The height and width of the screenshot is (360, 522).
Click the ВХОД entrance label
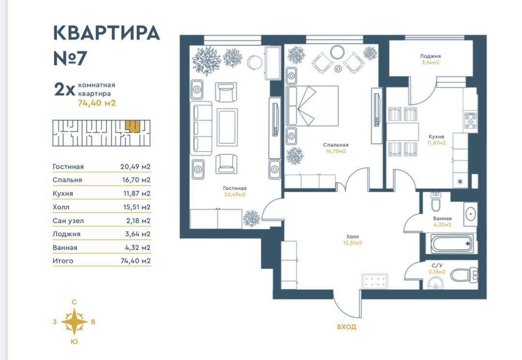(346, 327)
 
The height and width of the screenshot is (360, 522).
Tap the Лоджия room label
(430, 56)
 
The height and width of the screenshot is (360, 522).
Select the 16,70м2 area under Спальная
(335, 151)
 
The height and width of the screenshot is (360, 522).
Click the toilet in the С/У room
(464, 275)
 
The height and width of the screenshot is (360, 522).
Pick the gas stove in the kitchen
(471, 120)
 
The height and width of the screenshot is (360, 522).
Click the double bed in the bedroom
(312, 106)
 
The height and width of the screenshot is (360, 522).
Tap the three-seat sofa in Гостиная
(201, 128)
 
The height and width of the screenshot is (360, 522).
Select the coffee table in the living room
(227, 127)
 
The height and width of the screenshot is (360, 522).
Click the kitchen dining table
(402, 131)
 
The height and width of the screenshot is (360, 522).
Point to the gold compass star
(74, 322)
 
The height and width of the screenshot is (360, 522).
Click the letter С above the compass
(74, 302)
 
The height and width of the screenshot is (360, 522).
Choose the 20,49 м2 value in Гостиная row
(135, 167)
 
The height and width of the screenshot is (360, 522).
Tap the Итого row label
(63, 261)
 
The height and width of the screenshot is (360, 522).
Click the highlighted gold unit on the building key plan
(132, 126)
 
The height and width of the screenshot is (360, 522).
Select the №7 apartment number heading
(70, 58)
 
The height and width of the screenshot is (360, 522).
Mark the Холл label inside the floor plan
(352, 237)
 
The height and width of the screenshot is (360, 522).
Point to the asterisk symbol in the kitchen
(460, 182)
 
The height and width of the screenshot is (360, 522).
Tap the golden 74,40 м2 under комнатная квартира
(97, 103)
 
